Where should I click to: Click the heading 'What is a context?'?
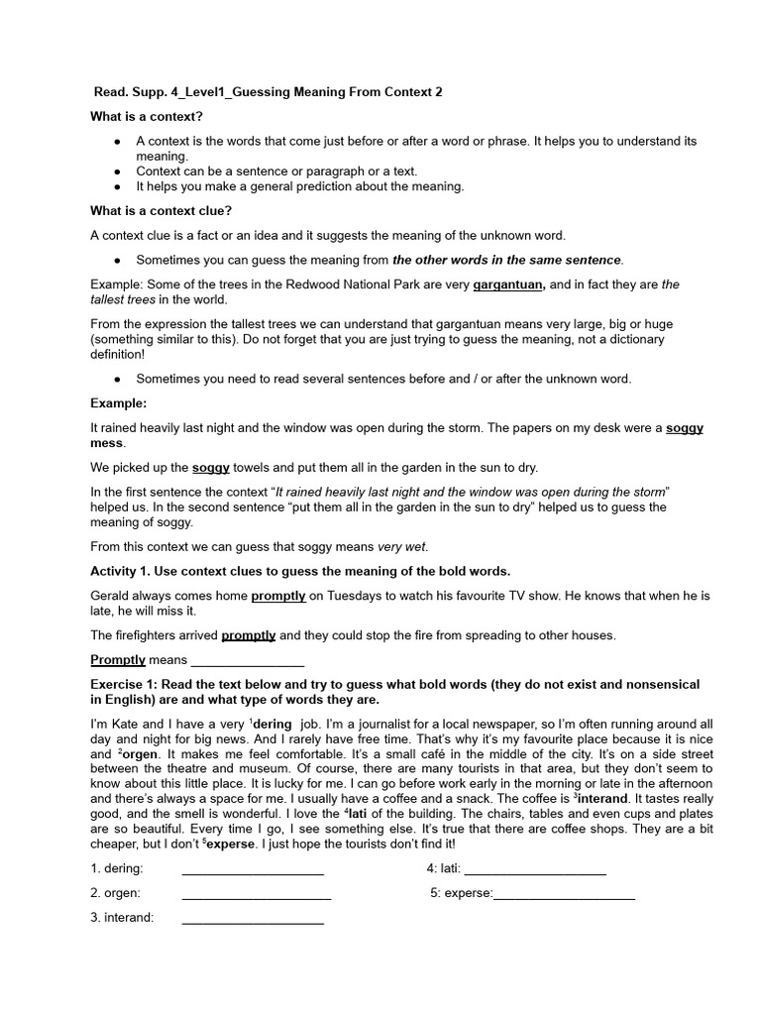click(147, 117)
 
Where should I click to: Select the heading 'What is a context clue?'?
click(162, 210)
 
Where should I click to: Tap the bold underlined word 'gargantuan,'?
click(508, 284)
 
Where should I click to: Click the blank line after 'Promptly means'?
click(247, 660)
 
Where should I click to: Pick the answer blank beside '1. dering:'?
click(253, 869)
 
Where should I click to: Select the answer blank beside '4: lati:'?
click(535, 869)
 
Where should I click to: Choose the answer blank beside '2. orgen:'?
click(257, 893)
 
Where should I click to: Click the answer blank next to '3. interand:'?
click(253, 918)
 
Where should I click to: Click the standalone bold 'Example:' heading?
click(118, 403)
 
